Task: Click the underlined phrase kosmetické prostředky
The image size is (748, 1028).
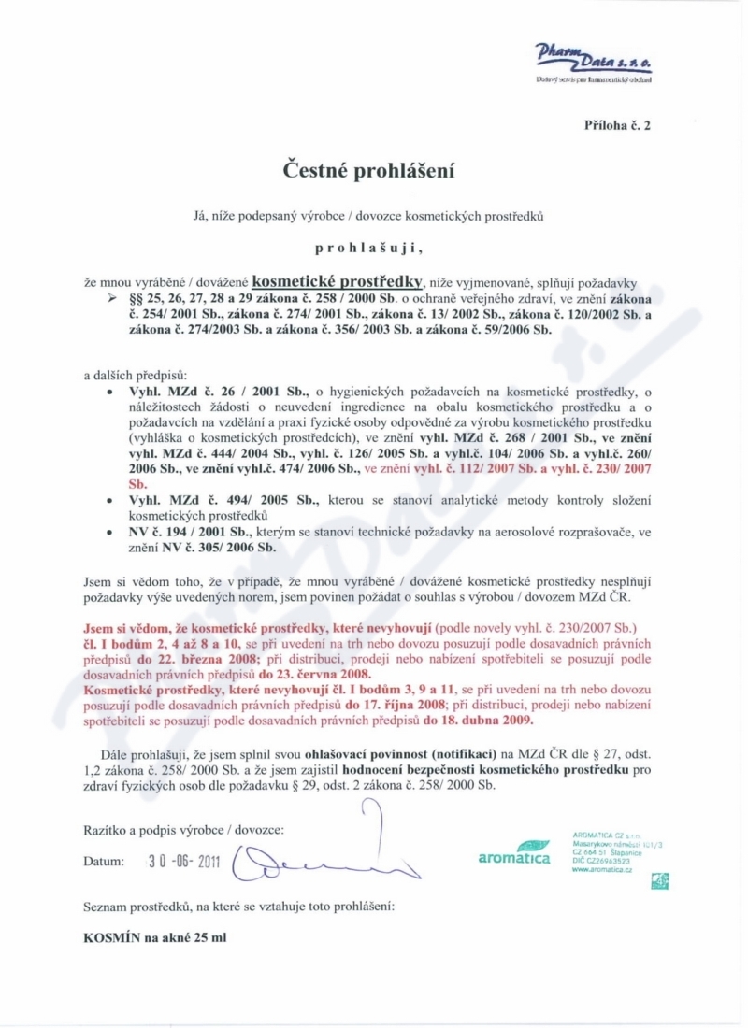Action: (338, 279)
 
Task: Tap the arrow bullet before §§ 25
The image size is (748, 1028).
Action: (114, 296)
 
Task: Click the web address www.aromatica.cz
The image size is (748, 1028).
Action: (601, 868)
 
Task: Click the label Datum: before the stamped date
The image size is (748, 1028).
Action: (103, 861)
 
